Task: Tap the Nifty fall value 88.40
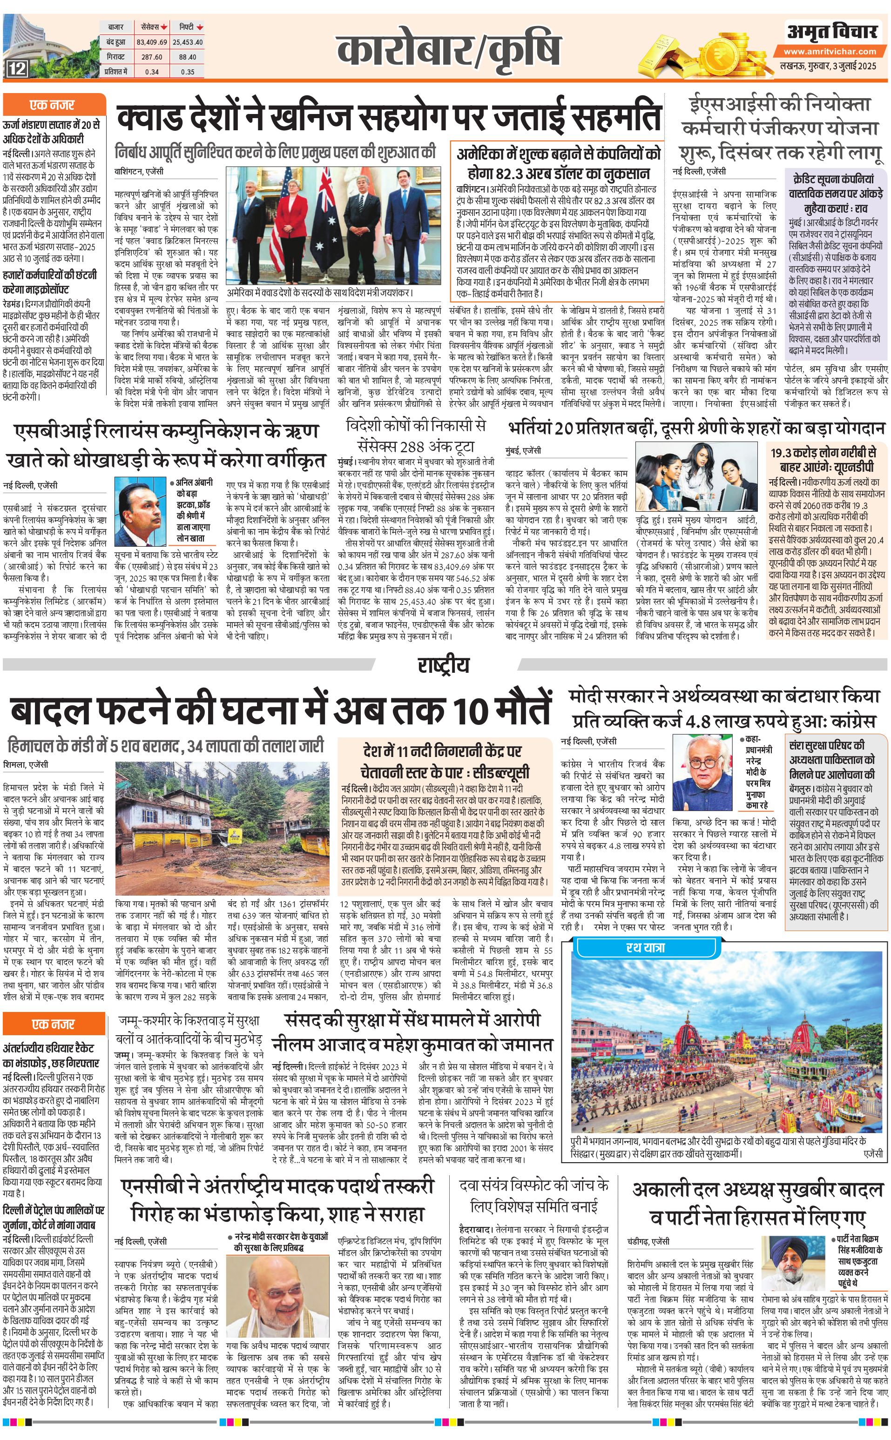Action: (188, 57)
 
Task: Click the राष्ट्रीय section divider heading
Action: (444, 665)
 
